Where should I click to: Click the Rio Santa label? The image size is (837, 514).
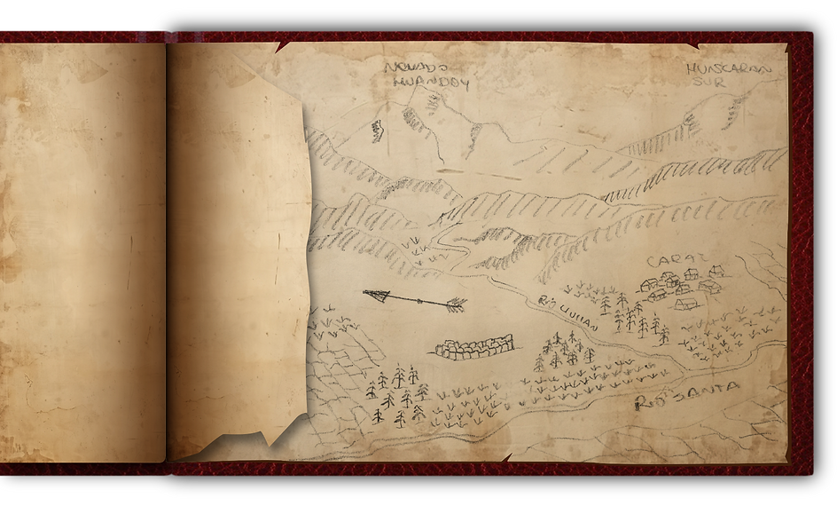point(687,395)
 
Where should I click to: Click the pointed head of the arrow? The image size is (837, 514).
point(374,296)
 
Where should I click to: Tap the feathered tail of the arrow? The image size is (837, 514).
point(454,304)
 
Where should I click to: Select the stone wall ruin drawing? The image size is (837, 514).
point(474,346)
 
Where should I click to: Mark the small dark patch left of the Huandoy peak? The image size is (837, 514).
point(377,130)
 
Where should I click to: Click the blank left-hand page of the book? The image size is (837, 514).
point(82,249)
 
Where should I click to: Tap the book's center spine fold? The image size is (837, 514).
point(167,249)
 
